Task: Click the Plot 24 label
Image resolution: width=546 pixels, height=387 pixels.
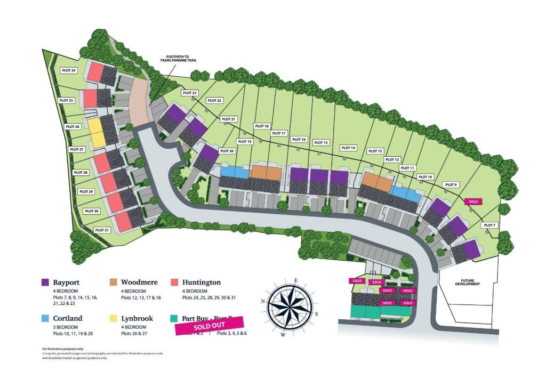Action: [x=69, y=70]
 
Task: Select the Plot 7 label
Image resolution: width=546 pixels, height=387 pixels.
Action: [x=489, y=225]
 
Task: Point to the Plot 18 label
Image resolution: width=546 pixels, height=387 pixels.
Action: [x=262, y=126]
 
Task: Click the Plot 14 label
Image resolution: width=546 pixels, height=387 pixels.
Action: [x=348, y=148]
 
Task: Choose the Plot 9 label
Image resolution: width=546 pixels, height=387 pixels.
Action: [x=451, y=184]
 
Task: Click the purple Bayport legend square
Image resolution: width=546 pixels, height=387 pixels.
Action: [x=46, y=283]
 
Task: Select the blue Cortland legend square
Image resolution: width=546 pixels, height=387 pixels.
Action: [x=46, y=318]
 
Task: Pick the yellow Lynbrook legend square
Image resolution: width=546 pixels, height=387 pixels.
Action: [x=113, y=318]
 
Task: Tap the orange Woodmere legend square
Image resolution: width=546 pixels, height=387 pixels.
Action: [x=113, y=283]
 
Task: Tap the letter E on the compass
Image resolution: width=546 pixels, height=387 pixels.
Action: [x=295, y=280]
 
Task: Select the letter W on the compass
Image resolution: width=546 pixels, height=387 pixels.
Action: [x=283, y=335]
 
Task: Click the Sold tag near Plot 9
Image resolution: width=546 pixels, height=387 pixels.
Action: [x=473, y=201]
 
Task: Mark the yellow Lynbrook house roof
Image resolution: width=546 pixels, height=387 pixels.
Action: [x=95, y=133]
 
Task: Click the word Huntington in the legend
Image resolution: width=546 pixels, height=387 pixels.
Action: [x=201, y=282]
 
